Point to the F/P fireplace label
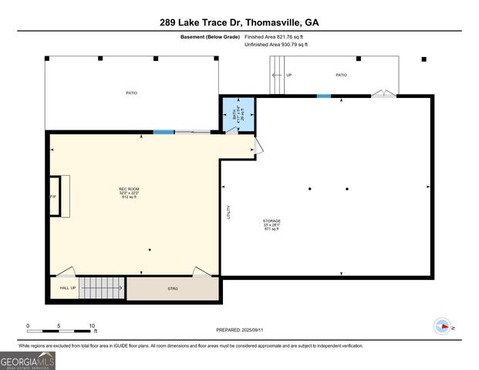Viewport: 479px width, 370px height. [x=53, y=197]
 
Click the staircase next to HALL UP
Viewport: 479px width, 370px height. [x=101, y=288]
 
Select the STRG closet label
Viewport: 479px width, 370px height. [x=173, y=288]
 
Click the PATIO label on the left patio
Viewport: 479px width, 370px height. [x=132, y=92]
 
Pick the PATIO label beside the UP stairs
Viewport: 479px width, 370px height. [x=341, y=75]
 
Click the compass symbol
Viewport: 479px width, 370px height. [x=444, y=326]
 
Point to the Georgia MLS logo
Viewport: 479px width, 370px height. [x=28, y=361]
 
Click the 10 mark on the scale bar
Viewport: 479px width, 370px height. [x=93, y=326]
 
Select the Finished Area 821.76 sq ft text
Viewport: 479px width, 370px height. [x=275, y=36]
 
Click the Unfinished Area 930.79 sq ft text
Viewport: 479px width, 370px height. [x=275, y=45]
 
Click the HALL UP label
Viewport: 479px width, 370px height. [x=68, y=288]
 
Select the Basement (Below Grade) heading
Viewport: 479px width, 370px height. [x=210, y=36]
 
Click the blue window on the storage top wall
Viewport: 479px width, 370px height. [x=324, y=96]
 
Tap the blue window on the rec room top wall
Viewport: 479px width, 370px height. [x=163, y=132]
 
